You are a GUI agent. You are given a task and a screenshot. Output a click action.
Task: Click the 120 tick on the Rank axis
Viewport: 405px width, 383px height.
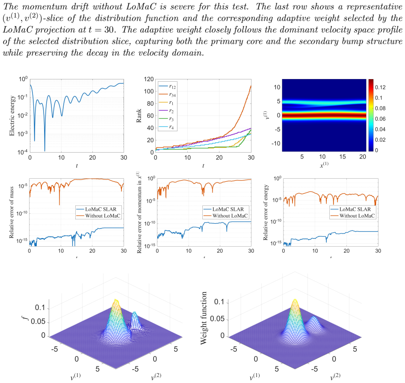pyautogui.click(x=149, y=79)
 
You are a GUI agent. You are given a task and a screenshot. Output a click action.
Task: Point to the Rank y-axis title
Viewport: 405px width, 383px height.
pyautogui.click(x=139, y=115)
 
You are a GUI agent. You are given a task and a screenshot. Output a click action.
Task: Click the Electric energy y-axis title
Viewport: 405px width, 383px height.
pyautogui.click(x=12, y=115)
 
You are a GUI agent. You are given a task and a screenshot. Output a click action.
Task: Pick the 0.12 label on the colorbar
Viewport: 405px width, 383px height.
pyautogui.click(x=380, y=87)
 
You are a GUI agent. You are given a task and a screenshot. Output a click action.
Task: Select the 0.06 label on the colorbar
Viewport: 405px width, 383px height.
pyautogui.click(x=380, y=119)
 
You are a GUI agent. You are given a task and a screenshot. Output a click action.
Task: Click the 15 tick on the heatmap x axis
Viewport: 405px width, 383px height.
pyautogui.click(x=343, y=156)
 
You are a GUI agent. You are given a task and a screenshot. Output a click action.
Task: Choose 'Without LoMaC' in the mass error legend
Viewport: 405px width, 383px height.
pyautogui.click(x=103, y=216)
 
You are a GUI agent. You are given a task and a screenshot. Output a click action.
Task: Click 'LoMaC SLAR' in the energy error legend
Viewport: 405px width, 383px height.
pyautogui.click(x=355, y=209)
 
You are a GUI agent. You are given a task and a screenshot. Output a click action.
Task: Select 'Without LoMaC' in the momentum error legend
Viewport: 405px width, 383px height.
pyautogui.click(x=230, y=216)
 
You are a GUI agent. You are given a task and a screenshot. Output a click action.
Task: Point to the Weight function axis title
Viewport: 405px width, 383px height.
pyautogui.click(x=204, y=318)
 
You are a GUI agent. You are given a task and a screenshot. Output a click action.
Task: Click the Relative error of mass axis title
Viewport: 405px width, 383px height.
pyautogui.click(x=12, y=212)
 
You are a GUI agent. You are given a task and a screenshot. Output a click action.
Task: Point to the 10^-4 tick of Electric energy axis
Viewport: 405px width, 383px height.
pyautogui.click(x=23, y=152)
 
